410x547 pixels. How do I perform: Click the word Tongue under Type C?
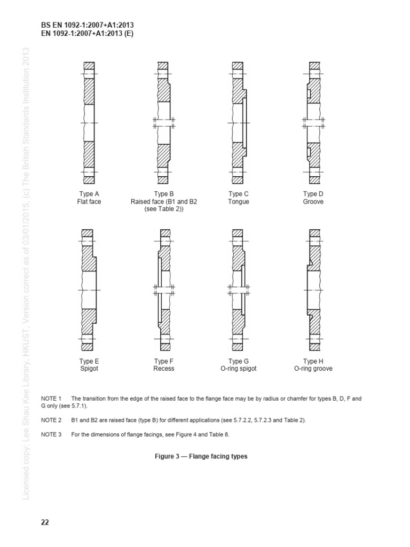tap(239, 202)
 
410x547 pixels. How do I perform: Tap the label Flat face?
tap(89, 202)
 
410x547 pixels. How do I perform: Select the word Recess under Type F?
tap(164, 369)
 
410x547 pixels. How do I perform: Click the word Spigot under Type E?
tap(89, 369)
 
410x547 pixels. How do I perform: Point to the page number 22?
tap(45, 522)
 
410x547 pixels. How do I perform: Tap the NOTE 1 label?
tap(51, 399)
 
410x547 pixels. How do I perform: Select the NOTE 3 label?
tap(51, 435)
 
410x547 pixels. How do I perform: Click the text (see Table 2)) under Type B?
tap(164, 209)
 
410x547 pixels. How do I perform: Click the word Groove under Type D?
tap(313, 202)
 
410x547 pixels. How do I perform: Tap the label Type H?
tap(313, 361)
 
